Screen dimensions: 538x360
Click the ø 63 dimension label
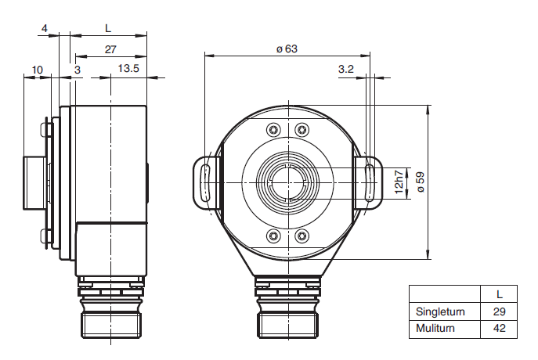[x=287, y=49]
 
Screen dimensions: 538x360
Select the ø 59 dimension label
[x=421, y=182]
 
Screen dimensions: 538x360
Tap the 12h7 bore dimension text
[x=399, y=182]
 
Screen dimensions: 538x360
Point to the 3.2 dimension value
[x=346, y=69]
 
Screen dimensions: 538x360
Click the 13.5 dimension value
[x=128, y=69]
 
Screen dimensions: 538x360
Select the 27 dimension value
[x=110, y=50]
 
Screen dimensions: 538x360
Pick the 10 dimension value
[x=37, y=70]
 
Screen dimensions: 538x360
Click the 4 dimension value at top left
[x=45, y=28]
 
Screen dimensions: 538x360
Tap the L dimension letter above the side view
[x=108, y=28]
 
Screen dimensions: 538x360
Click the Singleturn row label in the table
[x=440, y=311]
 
